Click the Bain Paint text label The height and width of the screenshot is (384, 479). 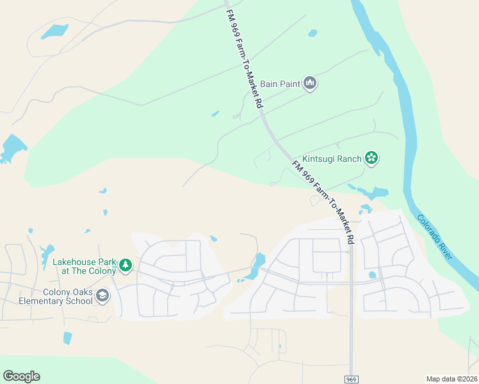tap(279, 83)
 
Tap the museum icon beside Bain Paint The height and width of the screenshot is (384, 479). tap(311, 84)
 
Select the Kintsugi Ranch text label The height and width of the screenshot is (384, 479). tap(332, 157)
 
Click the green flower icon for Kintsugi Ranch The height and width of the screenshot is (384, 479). tap(371, 157)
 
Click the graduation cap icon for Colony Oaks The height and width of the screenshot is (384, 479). tap(103, 296)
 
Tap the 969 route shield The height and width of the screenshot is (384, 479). tap(351, 380)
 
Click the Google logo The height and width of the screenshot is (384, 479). tap(21, 376)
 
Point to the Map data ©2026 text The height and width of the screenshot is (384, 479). tap(451, 379)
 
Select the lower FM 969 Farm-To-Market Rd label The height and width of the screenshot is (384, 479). tap(324, 202)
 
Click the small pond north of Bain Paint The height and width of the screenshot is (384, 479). tap(313, 33)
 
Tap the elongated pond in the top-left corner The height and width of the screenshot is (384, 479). tap(55, 31)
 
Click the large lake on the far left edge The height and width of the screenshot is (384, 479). tap(12, 148)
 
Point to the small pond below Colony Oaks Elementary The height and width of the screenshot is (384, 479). tap(67, 338)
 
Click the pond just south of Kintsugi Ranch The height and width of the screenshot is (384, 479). tap(372, 192)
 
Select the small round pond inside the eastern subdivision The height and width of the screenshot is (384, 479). tap(373, 275)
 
